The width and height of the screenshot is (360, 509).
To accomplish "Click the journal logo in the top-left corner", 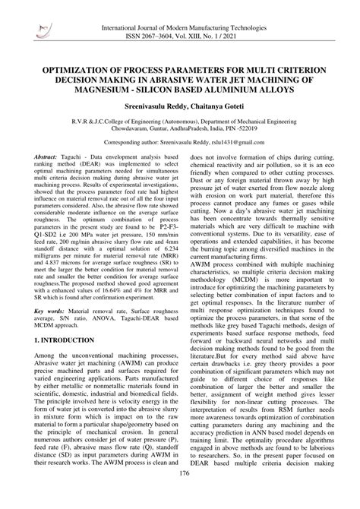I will tap(38, 14).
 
